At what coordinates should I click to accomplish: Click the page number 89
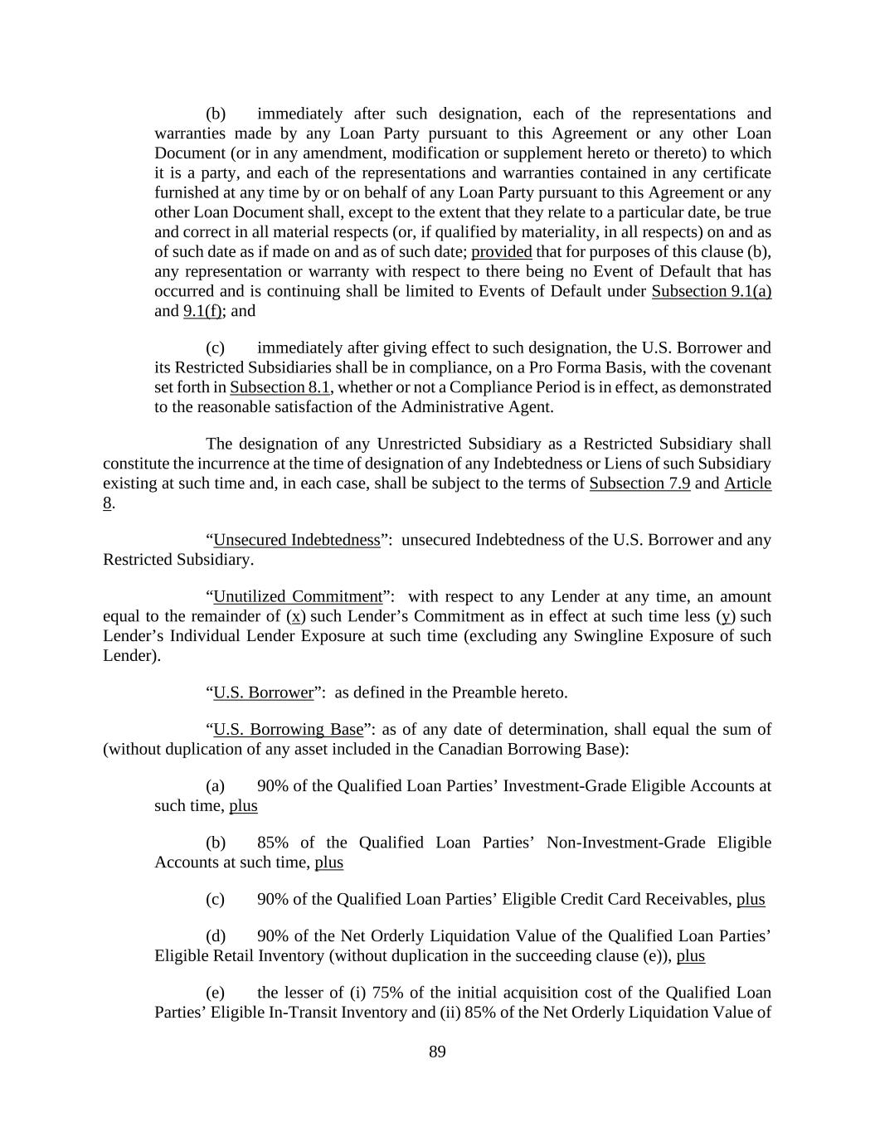[x=437, y=1052]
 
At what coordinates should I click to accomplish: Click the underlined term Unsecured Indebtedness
[x=297, y=540]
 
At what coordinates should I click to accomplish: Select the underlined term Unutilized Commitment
[x=298, y=597]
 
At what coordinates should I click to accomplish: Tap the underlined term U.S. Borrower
[x=263, y=692]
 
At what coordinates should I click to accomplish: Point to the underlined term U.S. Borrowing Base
[x=288, y=730]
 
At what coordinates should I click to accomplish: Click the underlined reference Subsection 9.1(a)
[x=712, y=291]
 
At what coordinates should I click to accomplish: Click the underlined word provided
[x=502, y=251]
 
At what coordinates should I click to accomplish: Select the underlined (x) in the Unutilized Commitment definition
[x=296, y=616]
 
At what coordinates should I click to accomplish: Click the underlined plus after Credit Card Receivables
[x=751, y=899]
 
